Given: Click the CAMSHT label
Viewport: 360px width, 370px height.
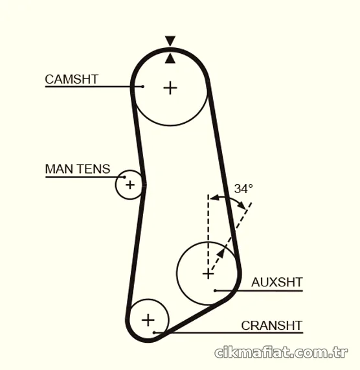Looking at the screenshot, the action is point(71,79).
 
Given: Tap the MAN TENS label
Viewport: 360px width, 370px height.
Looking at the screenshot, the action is point(78,169).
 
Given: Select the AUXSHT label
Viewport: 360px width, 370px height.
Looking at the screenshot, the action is point(276,283).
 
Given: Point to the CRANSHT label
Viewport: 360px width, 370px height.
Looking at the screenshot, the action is point(271,326).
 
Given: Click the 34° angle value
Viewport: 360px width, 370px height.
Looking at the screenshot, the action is point(243,189).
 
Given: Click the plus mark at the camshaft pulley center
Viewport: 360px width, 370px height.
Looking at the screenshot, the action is point(170,88).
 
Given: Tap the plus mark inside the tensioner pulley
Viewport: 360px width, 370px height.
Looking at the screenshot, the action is point(130,185).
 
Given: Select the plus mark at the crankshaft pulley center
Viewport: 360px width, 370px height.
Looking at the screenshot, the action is point(148,320).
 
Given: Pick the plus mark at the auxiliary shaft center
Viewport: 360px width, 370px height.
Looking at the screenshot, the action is point(208,274).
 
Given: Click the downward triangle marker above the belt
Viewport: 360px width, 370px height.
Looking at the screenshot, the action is point(170,41).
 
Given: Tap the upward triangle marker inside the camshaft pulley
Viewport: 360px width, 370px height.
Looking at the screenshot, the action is point(170,58).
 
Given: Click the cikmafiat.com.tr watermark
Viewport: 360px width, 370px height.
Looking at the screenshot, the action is point(281,353).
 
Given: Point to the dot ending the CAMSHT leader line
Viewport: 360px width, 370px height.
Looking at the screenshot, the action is point(142,87).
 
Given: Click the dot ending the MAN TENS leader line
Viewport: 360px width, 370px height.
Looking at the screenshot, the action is point(124,177).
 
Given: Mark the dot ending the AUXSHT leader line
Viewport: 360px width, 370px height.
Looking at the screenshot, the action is point(215,290).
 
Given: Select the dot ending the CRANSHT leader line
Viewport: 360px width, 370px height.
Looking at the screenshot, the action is point(154,332).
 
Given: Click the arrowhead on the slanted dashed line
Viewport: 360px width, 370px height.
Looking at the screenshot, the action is point(221,253).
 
